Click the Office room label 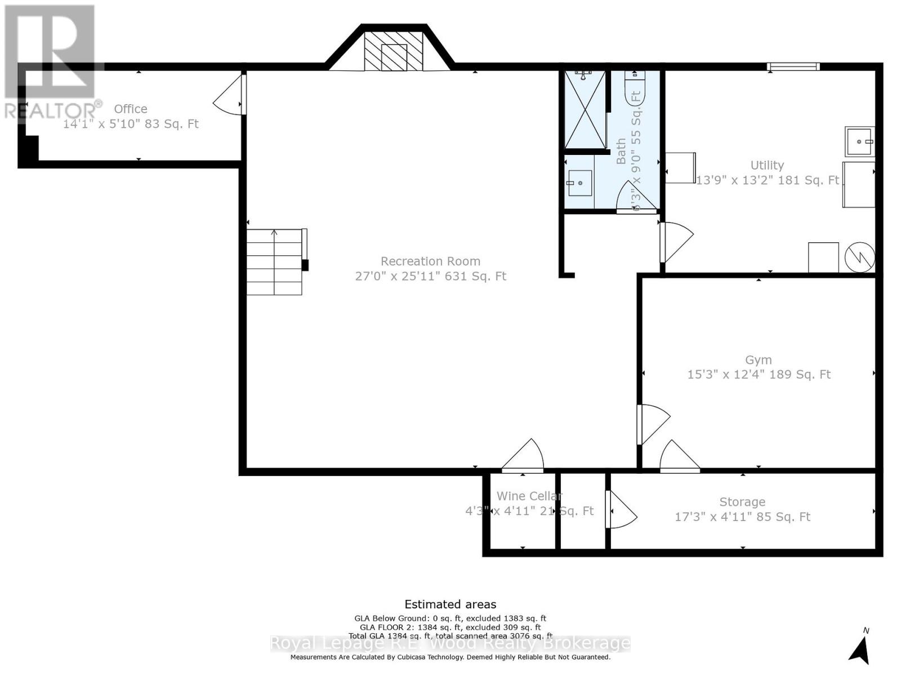131,109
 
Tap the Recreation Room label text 430,261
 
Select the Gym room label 758,360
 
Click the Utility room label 767,166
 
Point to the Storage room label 742,502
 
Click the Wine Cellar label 529,496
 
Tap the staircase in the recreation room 275,262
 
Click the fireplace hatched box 394,51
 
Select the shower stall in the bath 585,110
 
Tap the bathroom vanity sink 579,183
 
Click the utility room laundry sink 859,142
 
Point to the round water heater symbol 860,257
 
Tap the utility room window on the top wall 793,67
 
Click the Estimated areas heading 450,604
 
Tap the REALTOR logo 51,62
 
